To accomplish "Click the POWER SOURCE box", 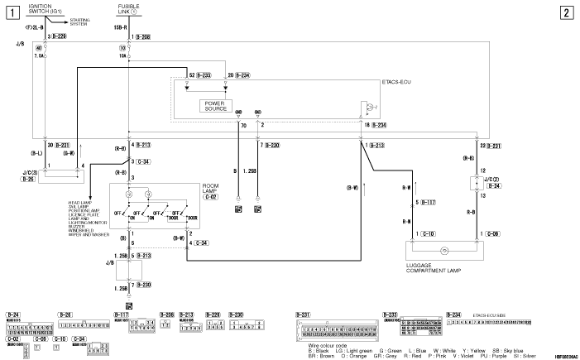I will [x=216, y=105].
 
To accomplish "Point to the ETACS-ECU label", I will [x=399, y=84].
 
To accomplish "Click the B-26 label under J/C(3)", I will [x=27, y=179].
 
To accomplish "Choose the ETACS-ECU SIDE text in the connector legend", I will [x=485, y=314].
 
